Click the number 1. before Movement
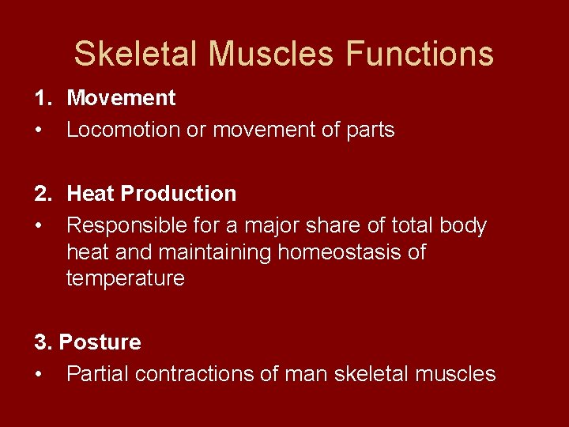click(43, 98)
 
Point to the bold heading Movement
click(121, 98)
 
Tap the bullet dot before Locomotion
click(38, 130)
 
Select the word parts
click(367, 130)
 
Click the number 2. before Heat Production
click(43, 194)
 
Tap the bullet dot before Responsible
click(38, 226)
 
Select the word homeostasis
click(328, 252)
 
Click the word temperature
click(125, 278)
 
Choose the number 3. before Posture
click(43, 342)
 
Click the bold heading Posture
click(100, 342)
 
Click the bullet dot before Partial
click(38, 374)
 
